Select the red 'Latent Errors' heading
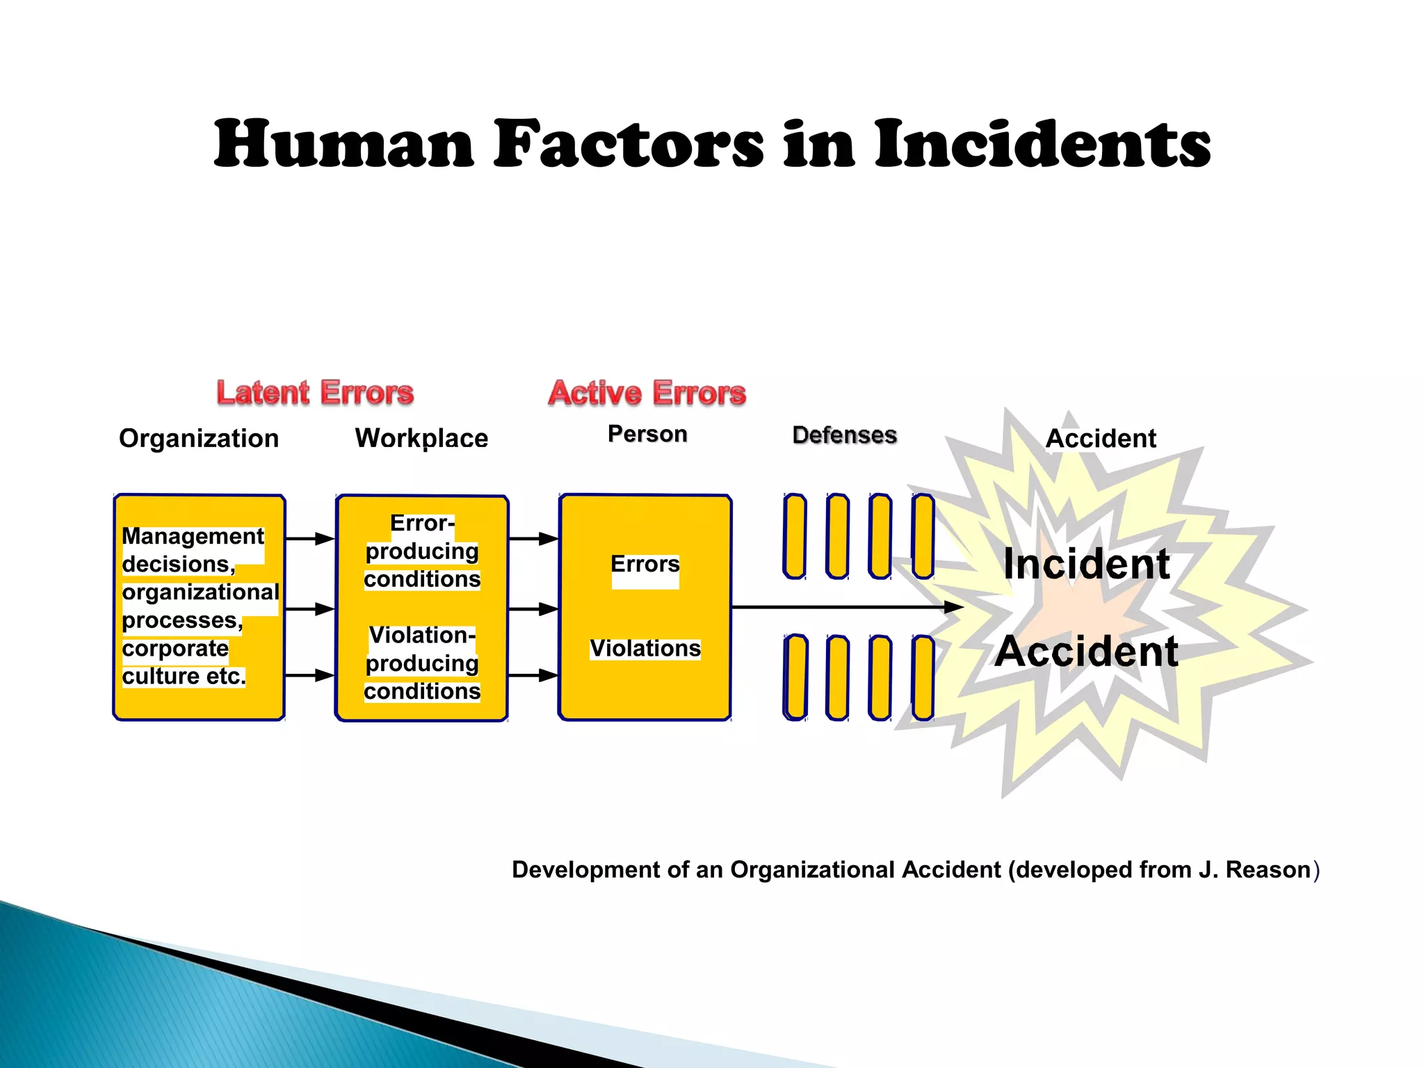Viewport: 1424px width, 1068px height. (x=315, y=393)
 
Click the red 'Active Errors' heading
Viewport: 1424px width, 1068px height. (x=647, y=393)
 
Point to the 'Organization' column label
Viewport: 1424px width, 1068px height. (x=199, y=439)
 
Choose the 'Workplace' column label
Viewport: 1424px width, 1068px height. (x=421, y=439)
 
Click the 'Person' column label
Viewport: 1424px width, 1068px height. (x=647, y=434)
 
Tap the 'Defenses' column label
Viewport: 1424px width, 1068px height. (x=844, y=435)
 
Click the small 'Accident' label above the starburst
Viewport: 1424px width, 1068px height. (x=1101, y=439)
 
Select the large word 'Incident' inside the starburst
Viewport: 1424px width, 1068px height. (x=1087, y=564)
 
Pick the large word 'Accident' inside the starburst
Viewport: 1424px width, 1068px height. (x=1086, y=652)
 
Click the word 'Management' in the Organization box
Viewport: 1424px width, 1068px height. (x=193, y=536)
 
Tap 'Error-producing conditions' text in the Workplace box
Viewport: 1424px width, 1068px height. (x=422, y=551)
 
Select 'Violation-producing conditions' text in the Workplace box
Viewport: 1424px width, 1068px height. (x=422, y=663)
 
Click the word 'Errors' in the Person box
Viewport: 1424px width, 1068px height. (x=645, y=564)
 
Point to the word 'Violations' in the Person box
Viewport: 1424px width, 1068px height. (x=645, y=648)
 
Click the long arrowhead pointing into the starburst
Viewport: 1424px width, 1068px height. (x=953, y=608)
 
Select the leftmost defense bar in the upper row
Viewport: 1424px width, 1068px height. (x=794, y=536)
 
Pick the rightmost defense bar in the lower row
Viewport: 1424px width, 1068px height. (x=923, y=677)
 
